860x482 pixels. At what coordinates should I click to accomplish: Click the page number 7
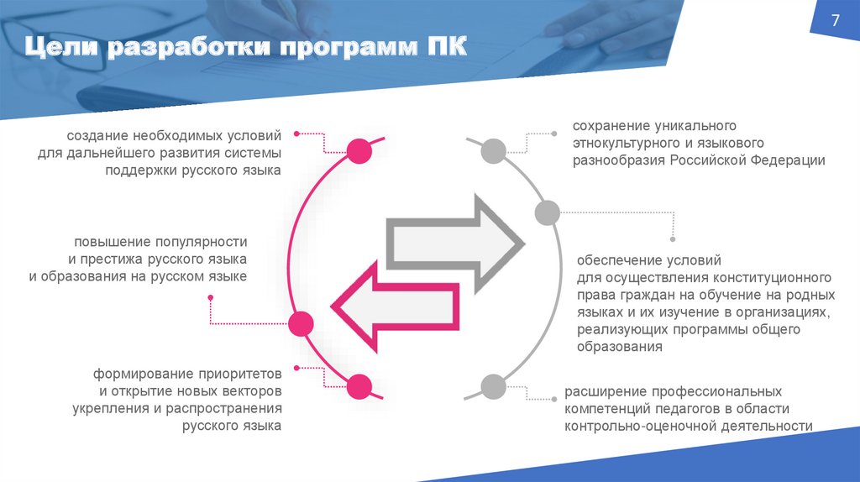[x=836, y=22]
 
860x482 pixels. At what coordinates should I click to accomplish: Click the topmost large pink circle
[x=359, y=151]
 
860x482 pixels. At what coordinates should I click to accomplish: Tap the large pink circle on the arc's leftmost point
[x=301, y=322]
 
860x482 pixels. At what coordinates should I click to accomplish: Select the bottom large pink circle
[x=359, y=386]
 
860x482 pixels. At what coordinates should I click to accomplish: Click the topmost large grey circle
[x=493, y=151]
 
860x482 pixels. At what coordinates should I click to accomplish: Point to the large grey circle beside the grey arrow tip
[x=546, y=212]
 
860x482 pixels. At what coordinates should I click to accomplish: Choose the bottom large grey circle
[x=493, y=386]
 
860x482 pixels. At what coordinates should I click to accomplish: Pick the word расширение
[x=602, y=391]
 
